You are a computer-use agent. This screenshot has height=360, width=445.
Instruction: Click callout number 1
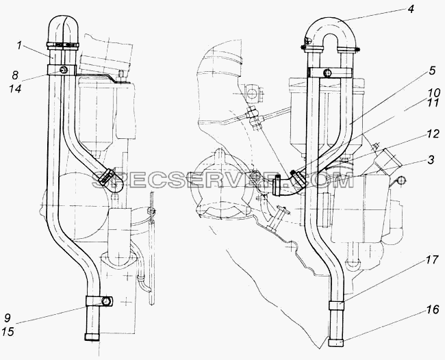(x=19, y=46)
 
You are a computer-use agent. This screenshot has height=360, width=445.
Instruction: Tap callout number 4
(x=410, y=9)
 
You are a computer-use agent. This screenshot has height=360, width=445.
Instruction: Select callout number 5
(x=432, y=71)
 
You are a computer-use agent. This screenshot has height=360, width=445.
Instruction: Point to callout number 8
(x=15, y=75)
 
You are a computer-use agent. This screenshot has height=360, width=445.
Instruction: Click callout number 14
(x=15, y=89)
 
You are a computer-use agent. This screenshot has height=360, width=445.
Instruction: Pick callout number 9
(x=8, y=318)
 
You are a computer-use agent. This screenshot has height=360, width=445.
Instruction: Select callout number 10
(x=434, y=93)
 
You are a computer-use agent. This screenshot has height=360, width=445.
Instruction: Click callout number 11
(x=433, y=103)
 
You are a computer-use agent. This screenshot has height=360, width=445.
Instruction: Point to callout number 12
(x=433, y=134)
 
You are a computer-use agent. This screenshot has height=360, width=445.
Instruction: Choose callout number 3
(x=431, y=160)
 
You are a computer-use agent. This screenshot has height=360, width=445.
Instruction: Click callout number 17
(x=432, y=261)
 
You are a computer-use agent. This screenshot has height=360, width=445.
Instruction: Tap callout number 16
(x=433, y=310)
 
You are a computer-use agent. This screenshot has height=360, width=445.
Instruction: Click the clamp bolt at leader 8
(x=64, y=70)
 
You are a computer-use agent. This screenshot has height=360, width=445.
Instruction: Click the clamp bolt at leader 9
(x=106, y=300)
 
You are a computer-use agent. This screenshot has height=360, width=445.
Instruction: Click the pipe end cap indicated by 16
(x=336, y=343)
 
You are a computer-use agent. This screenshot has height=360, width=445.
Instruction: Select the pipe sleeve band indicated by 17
(x=337, y=306)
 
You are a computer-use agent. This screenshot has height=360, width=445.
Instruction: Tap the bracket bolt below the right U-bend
(x=328, y=73)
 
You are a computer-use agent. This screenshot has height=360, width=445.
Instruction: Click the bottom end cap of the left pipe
(x=92, y=337)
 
